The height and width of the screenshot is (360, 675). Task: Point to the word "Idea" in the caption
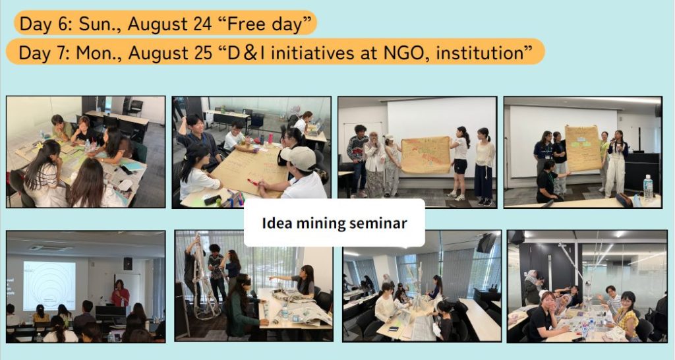(x=276, y=223)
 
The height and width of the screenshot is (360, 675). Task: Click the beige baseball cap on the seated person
(x=298, y=158)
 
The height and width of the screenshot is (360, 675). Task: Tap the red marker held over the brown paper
(x=253, y=182)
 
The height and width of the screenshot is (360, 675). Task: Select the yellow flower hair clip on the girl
(x=42, y=146)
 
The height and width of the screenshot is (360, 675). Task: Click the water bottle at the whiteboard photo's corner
(x=648, y=187)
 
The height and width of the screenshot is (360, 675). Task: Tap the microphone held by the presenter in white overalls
(x=612, y=140)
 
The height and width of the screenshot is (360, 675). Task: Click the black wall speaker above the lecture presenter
(x=128, y=264)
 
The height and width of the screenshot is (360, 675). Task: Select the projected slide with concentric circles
(x=49, y=285)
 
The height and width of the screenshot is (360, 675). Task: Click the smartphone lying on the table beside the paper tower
(x=393, y=329)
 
